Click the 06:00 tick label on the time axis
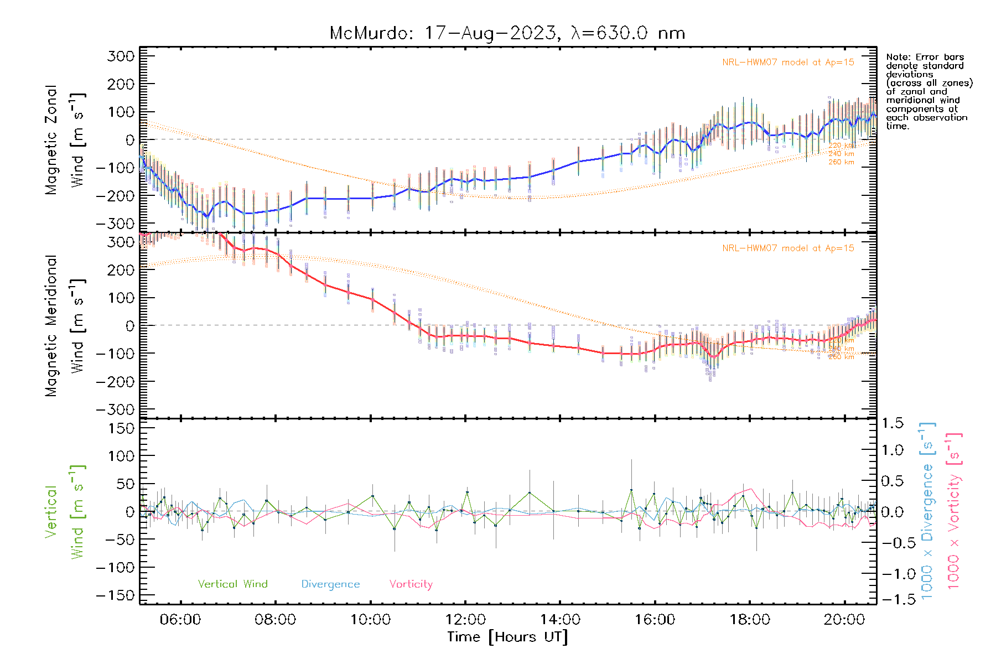[180, 619]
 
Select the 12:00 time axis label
[465, 619]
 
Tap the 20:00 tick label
[844, 619]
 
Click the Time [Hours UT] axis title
[507, 637]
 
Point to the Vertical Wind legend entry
[232, 584]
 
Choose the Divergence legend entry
[330, 584]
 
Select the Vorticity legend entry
[411, 584]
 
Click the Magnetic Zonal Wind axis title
[65, 139]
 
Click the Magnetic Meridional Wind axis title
[65, 325]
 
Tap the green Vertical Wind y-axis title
[64, 511]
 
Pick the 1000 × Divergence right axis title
[927, 511]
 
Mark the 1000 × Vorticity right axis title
[953, 511]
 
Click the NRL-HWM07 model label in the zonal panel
[788, 63]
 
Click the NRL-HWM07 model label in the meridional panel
[788, 248]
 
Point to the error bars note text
[928, 91]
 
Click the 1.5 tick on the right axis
[893, 423]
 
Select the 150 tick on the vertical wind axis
[122, 428]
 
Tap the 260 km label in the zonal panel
[841, 162]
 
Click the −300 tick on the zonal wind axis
[115, 224]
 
